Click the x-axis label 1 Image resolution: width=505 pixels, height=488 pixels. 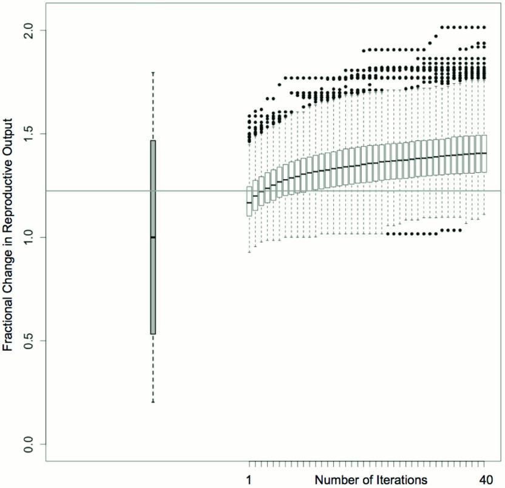pyautogui.click(x=249, y=478)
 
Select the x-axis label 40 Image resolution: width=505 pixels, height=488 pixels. pyautogui.click(x=484, y=478)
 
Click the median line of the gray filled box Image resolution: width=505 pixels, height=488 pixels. pyautogui.click(x=153, y=237)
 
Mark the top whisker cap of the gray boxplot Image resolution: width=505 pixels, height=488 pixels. pyautogui.click(x=153, y=72)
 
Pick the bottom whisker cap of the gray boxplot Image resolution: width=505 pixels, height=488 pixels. pyautogui.click(x=153, y=402)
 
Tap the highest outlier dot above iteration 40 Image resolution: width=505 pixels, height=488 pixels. pyautogui.click(x=484, y=27)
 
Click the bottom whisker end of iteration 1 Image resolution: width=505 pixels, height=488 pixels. pyautogui.click(x=249, y=252)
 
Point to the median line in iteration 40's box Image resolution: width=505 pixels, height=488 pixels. pyautogui.click(x=484, y=153)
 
